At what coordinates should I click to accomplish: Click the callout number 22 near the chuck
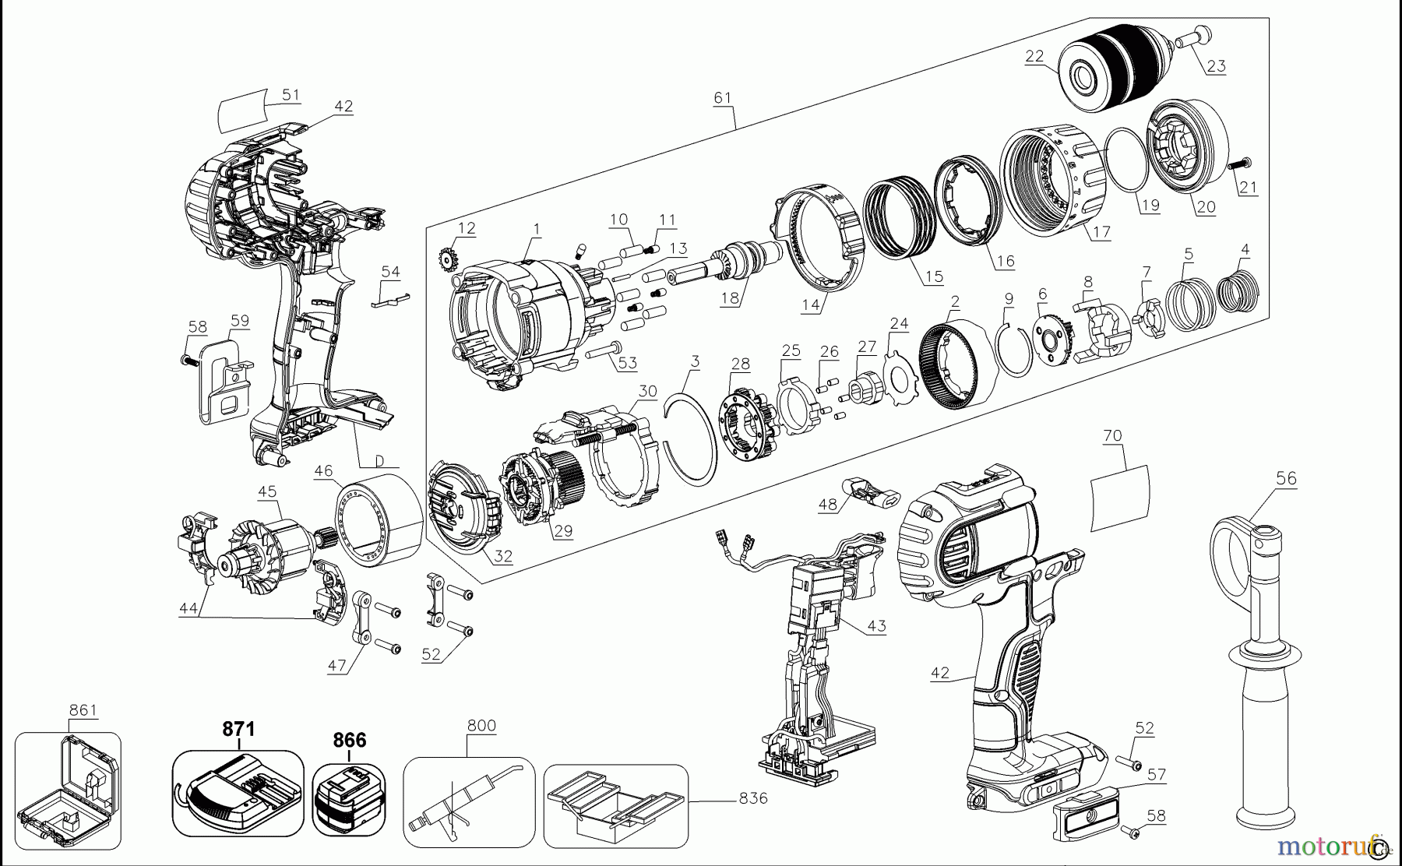1034,56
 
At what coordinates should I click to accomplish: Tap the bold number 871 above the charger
238,729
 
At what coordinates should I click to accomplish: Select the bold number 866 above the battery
349,740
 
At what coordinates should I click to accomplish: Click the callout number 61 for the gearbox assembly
723,97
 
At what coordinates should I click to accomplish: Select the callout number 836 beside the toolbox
752,798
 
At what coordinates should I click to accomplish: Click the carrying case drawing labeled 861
69,790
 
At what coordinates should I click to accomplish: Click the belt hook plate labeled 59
224,378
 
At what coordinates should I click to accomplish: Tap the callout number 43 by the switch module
876,625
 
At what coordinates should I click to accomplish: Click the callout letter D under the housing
380,461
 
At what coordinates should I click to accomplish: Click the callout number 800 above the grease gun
481,725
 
